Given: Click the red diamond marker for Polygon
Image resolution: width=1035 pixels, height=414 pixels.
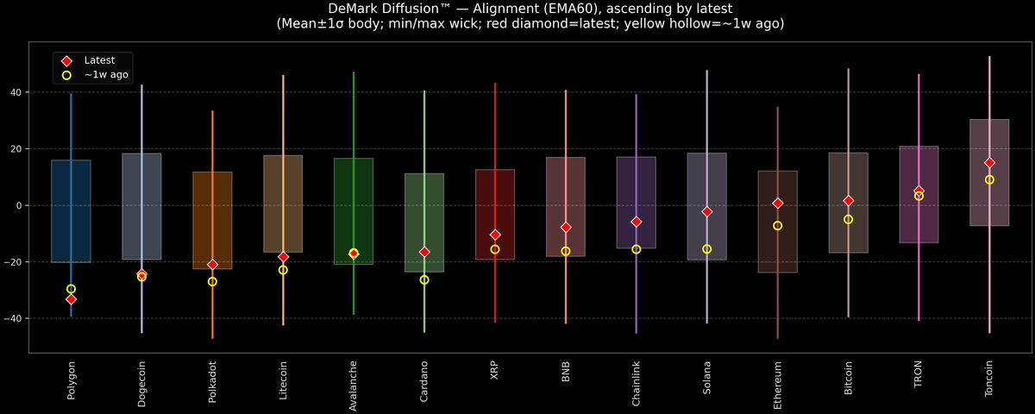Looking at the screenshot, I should [x=71, y=299].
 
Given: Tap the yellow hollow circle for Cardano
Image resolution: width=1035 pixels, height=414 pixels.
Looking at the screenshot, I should [x=424, y=279].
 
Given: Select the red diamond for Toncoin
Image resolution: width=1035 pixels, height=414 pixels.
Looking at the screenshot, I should [x=989, y=162].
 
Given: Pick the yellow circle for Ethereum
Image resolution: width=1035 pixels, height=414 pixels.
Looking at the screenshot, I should [x=778, y=226].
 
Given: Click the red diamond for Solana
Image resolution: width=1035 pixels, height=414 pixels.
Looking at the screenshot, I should [x=707, y=211].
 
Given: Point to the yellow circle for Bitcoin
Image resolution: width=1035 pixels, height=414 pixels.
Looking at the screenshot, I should [x=849, y=219].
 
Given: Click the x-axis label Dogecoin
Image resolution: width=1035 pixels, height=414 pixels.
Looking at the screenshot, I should [x=141, y=383].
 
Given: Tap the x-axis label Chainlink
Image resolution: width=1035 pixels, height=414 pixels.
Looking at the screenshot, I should [x=637, y=384].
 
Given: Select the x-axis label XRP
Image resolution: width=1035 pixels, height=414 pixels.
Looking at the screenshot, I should [x=495, y=371].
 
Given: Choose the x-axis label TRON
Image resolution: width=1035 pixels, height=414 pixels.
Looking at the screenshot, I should [x=919, y=374].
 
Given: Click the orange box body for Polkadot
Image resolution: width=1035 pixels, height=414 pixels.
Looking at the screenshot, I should [x=212, y=220].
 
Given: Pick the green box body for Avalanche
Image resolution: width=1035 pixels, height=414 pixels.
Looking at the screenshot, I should [x=354, y=207].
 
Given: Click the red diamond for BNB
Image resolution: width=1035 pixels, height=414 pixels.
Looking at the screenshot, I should [x=566, y=228].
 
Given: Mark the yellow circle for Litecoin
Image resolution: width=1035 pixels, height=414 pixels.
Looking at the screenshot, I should [x=283, y=270].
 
